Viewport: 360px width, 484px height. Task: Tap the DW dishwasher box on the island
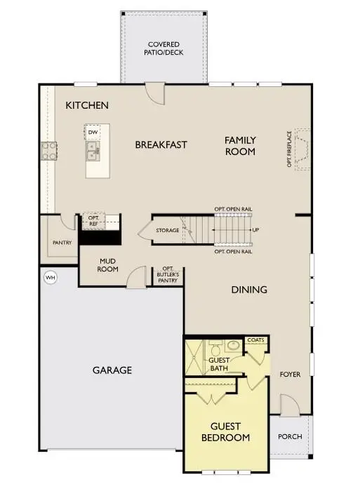coord(93,132)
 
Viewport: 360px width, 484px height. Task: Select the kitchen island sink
coord(93,149)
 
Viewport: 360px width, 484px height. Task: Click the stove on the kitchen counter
coord(49,149)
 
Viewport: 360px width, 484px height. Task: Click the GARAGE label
coord(112,370)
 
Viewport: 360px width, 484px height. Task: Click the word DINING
coord(249,289)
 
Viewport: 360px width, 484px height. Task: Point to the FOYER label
coord(290,375)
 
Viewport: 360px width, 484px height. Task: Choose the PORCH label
coord(290,436)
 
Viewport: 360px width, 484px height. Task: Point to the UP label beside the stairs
coord(255,230)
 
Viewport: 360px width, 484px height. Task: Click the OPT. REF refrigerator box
coord(93,220)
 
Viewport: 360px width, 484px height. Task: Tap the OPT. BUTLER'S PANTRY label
coord(168,274)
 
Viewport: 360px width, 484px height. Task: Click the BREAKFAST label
coord(161,144)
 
